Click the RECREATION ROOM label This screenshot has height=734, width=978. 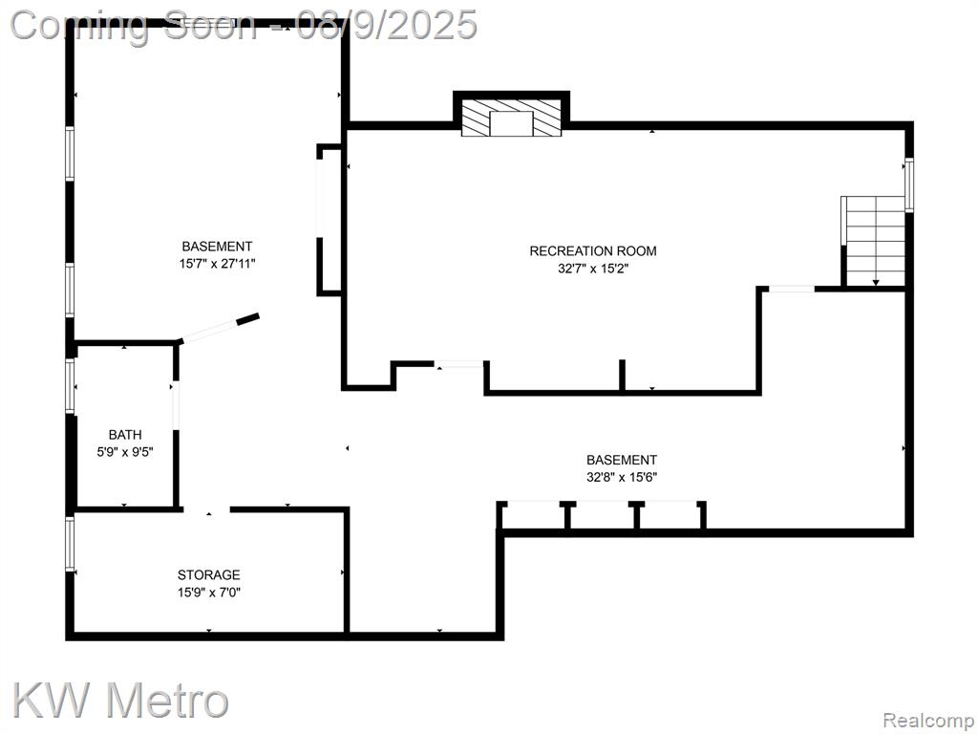[592, 251]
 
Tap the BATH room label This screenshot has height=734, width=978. [125, 435]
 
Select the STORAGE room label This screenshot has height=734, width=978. [208, 574]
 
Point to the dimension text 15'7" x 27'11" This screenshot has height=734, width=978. [217, 264]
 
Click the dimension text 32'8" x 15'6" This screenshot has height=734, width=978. [621, 478]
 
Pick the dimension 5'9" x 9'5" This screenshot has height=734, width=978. [125, 452]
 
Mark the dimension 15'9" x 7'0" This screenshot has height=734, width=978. [209, 592]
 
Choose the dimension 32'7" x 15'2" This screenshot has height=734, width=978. [592, 269]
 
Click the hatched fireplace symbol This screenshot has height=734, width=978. [511, 117]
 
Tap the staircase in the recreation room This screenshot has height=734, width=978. [873, 241]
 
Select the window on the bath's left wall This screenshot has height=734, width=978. [70, 386]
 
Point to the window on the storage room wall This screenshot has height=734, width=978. [70, 543]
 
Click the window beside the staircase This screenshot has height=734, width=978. [909, 184]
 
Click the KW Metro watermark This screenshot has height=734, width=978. [120, 700]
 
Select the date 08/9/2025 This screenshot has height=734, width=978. [387, 26]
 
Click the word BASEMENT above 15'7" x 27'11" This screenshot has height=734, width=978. [217, 247]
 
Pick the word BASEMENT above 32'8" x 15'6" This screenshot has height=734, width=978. [621, 460]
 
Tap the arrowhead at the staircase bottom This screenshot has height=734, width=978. [876, 283]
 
